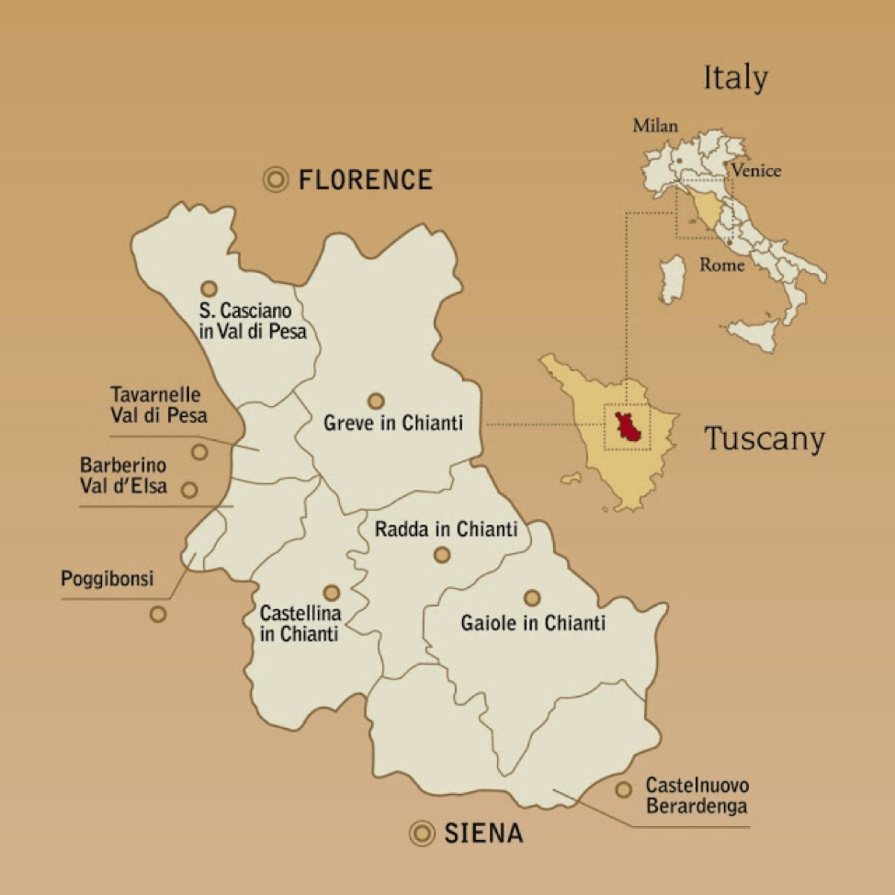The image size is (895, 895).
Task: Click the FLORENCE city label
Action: click(365, 179)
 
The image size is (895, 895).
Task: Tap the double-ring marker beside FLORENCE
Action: click(275, 180)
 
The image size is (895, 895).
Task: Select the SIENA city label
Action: click(483, 833)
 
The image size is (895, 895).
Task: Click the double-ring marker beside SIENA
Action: click(422, 833)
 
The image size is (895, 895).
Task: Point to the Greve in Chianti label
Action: click(393, 425)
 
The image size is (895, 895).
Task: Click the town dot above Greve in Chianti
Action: click(376, 401)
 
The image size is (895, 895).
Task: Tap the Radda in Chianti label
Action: click(447, 529)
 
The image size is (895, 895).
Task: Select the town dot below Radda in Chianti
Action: click(442, 554)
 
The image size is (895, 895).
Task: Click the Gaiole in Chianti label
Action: click(533, 623)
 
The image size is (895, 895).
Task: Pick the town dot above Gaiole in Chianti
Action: click(532, 598)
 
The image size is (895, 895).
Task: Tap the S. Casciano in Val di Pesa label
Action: click(252, 321)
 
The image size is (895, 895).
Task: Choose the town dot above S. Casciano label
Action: click(210, 289)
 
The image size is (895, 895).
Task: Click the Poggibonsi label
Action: click(107, 579)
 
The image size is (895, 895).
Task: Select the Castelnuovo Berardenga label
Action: click(697, 796)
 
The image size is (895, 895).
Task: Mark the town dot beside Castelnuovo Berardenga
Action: click(624, 789)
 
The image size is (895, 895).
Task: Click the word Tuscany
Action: click(765, 438)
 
